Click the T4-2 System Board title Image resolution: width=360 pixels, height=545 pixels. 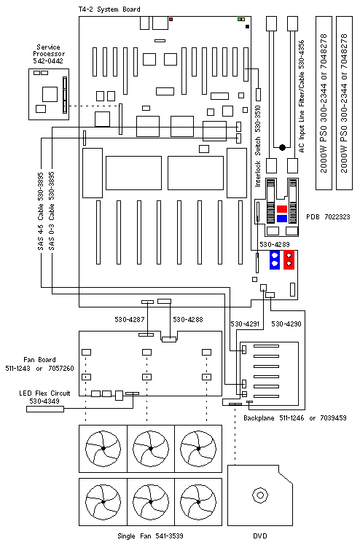pos(109,9)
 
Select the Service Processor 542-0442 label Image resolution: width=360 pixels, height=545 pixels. pos(49,54)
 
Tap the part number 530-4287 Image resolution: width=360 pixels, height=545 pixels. pos(130,319)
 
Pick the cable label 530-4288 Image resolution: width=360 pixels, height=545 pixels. pos(188,319)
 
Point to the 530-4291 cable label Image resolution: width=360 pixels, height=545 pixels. pos(245,324)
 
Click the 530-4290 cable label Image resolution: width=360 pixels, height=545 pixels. pos(286,324)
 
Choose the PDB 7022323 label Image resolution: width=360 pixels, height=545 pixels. pos(328,217)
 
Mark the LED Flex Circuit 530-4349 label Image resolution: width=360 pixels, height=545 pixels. pos(44,397)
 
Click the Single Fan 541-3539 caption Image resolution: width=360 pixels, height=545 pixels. pos(150,536)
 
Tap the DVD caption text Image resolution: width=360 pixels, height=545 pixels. pos(260,536)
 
